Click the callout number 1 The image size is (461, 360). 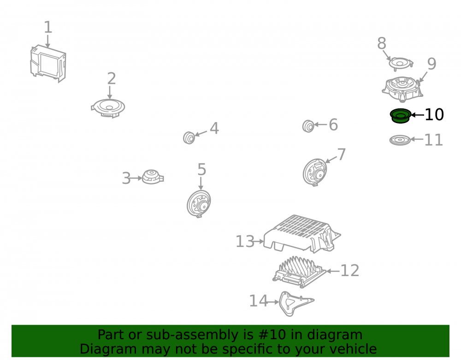[x=48, y=27]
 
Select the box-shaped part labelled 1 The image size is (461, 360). [x=48, y=64]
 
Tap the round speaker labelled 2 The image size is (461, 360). [x=108, y=108]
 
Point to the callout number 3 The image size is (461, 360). [x=126, y=178]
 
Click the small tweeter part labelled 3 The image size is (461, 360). [x=153, y=177]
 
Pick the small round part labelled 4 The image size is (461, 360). [x=189, y=137]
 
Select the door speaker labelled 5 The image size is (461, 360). [x=199, y=203]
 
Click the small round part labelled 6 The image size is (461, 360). [x=308, y=126]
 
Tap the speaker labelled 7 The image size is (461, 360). [x=314, y=172]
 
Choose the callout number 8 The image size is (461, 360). [x=382, y=43]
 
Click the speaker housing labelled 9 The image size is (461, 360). [x=402, y=89]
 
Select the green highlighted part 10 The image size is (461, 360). [x=401, y=116]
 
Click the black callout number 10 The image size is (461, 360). [x=434, y=115]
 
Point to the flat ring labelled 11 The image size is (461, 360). [x=400, y=140]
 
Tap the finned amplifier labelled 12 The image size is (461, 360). [x=299, y=271]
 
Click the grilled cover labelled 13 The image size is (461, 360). [x=302, y=234]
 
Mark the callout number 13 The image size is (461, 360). [x=245, y=242]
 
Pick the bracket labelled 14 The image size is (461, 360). [x=296, y=304]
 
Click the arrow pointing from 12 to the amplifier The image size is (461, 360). [x=333, y=271]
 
